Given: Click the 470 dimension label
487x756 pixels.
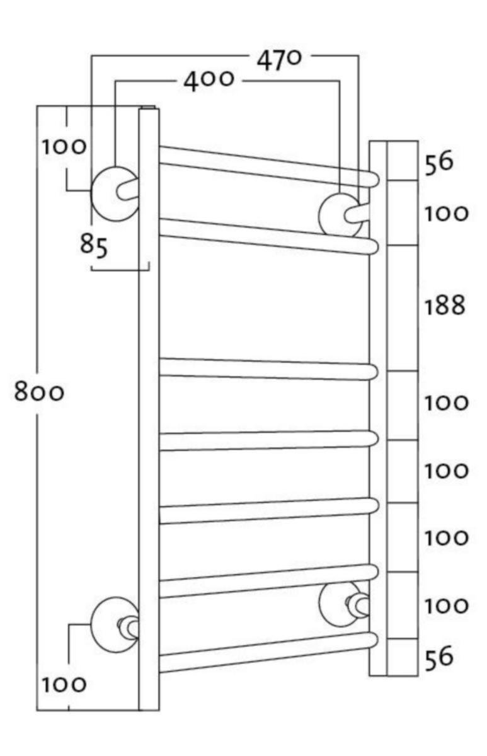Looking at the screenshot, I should click(x=279, y=60).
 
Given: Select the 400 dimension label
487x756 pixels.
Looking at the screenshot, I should click(x=209, y=81).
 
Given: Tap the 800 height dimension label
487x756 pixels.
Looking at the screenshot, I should click(x=39, y=393).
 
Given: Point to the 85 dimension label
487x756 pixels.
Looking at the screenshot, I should click(x=94, y=244).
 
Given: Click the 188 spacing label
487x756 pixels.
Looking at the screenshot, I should click(x=445, y=306).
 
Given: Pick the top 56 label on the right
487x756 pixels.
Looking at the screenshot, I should click(x=438, y=162).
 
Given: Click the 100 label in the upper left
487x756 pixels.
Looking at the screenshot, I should click(x=64, y=147).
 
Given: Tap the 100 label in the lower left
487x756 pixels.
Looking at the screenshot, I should click(x=64, y=684).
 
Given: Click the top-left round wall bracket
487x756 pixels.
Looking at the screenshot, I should click(x=113, y=193).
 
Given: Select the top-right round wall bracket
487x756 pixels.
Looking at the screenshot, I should click(x=340, y=214).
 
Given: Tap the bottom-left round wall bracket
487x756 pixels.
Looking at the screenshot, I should click(x=113, y=624).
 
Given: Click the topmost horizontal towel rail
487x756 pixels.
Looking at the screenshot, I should click(x=265, y=166).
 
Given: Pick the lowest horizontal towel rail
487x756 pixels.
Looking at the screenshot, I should click(x=265, y=655).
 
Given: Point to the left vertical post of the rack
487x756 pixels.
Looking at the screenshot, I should click(x=149, y=409).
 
